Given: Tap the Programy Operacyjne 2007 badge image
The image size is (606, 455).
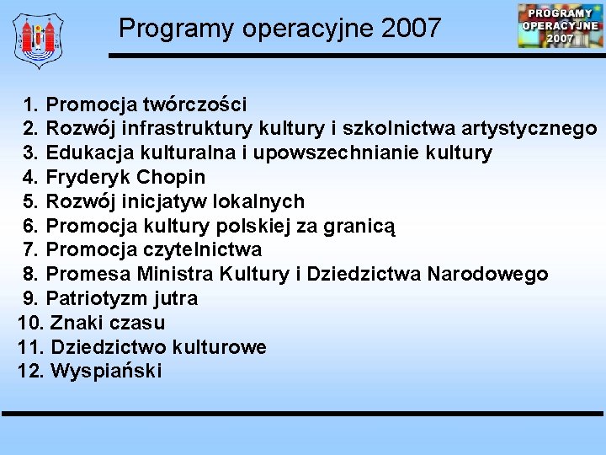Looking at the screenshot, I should click(560, 25).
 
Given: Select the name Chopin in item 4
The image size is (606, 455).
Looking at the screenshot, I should click(171, 178).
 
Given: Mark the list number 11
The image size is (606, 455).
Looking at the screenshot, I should click(30, 347).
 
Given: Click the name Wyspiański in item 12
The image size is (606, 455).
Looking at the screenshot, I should click(106, 372).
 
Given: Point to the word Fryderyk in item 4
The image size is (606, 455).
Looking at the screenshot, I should click(88, 178).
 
